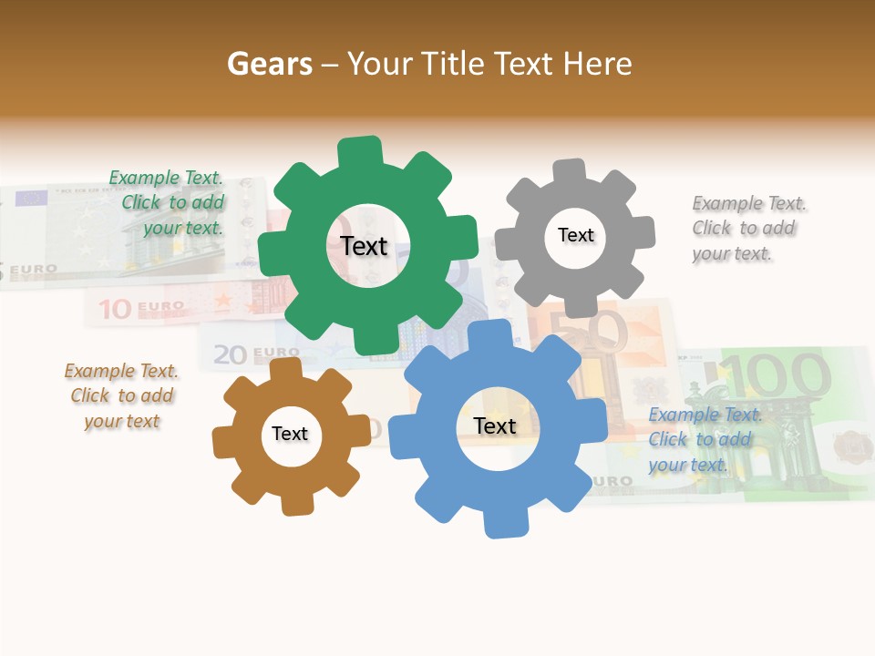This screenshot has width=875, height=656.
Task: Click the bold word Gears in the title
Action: click(x=269, y=64)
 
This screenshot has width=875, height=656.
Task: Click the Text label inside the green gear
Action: click(x=364, y=246)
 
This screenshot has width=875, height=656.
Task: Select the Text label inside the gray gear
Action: click(x=575, y=235)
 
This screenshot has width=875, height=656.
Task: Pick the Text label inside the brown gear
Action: click(x=290, y=434)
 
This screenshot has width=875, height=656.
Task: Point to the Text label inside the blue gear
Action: click(x=495, y=425)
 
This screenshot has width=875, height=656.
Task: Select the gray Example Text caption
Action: click(x=748, y=228)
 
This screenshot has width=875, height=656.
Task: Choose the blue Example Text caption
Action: click(x=705, y=439)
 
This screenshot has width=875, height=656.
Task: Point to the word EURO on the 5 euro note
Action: click(x=35, y=270)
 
